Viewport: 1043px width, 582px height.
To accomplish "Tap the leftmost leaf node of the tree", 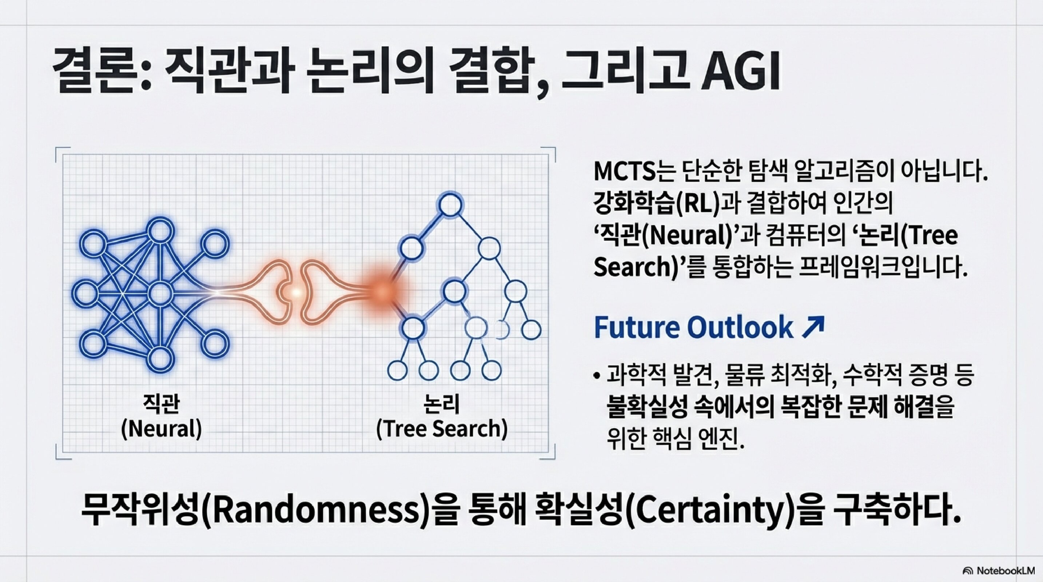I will pyautogui.click(x=397, y=370).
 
